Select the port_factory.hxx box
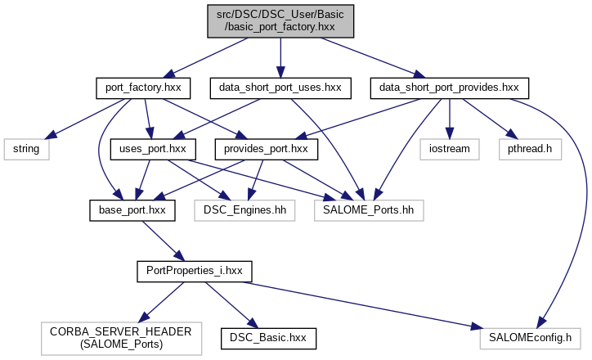pos(143,86)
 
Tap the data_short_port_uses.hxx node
pos(280,86)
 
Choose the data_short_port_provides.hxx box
pos(450,86)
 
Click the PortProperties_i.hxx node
pos(195,269)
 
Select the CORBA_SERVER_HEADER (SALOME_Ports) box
pos(120,336)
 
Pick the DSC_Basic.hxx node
pos(268,336)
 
